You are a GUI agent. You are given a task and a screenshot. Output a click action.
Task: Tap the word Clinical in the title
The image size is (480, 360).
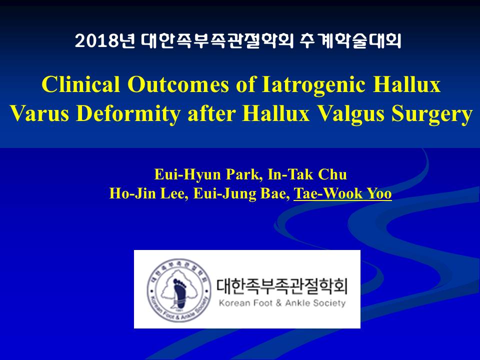(x=81, y=84)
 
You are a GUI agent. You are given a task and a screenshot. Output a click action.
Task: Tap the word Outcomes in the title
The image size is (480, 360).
(x=178, y=84)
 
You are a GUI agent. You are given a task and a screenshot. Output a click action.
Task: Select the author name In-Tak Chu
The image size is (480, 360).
(x=307, y=174)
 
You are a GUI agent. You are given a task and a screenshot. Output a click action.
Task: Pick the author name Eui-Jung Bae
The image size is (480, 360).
(x=241, y=194)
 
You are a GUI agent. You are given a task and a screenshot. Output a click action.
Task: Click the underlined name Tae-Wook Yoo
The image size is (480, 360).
(x=342, y=193)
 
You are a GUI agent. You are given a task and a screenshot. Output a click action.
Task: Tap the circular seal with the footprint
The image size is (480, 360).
(x=179, y=290)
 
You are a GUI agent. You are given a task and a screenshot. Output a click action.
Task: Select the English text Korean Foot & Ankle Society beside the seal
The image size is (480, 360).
(x=282, y=303)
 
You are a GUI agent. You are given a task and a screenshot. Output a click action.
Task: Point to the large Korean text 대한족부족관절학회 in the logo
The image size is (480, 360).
(x=282, y=285)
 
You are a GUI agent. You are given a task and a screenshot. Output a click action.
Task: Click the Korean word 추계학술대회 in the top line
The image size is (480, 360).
(x=350, y=41)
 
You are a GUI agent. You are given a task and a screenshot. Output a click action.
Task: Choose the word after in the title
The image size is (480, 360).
(x=211, y=114)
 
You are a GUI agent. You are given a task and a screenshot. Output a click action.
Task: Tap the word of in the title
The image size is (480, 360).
(x=245, y=84)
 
